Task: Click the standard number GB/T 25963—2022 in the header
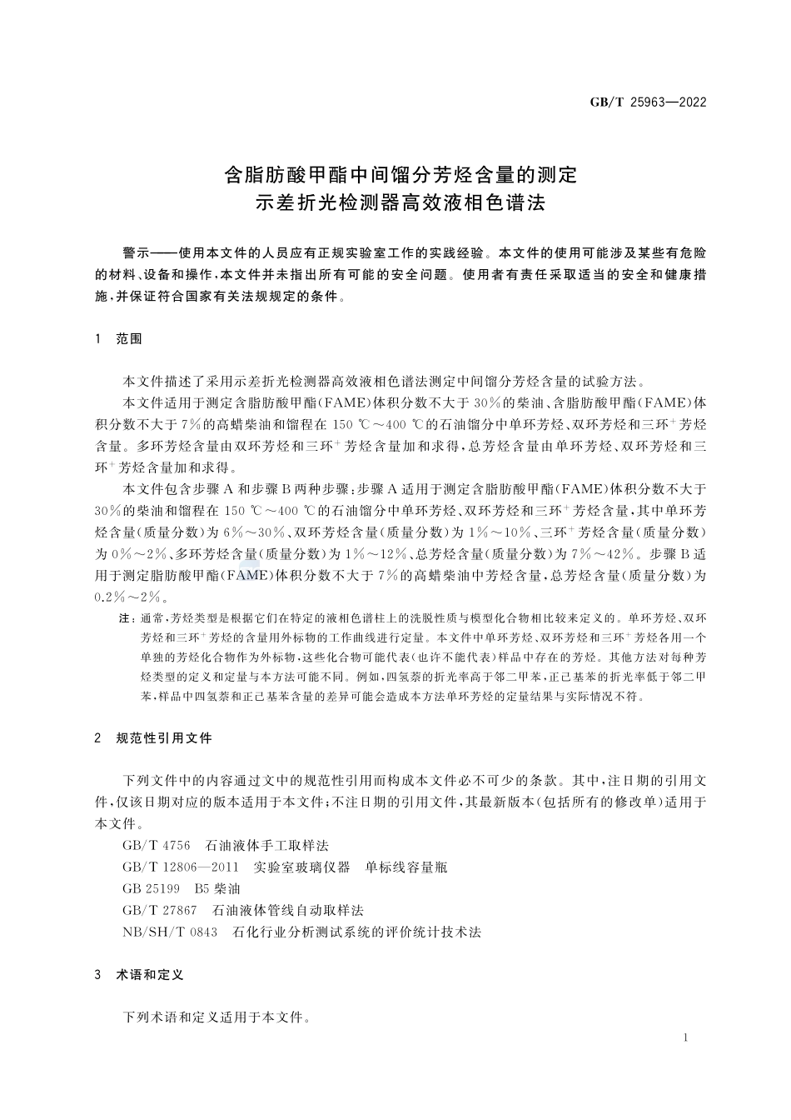648,102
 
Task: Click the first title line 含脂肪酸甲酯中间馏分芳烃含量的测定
401,175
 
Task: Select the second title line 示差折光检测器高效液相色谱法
401,202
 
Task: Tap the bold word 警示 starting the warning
135,252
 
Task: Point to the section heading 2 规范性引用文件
154,738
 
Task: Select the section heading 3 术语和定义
139,974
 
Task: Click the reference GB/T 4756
157,845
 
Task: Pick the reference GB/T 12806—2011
181,867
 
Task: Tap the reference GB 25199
151,888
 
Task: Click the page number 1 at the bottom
684,1037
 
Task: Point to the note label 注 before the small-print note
126,619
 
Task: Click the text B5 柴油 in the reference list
217,888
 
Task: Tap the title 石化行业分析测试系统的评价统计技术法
357,932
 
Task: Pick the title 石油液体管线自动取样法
289,910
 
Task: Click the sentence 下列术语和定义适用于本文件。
216,1017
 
